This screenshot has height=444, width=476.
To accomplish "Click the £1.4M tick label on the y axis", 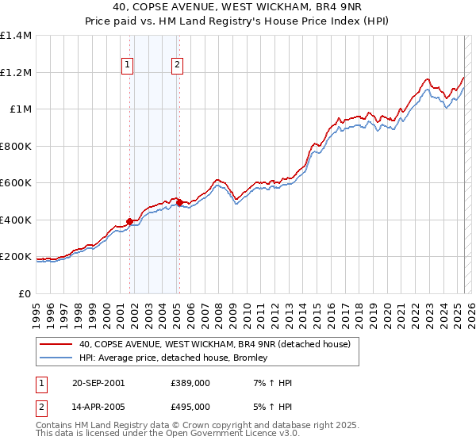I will click(x=16, y=36).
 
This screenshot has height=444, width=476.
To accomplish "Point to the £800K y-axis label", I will click(x=16, y=146).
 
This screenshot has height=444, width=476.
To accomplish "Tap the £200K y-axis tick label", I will click(x=16, y=257).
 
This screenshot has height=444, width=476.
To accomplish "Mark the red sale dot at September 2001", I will click(x=129, y=222).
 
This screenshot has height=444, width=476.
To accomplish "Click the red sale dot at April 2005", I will click(x=179, y=202).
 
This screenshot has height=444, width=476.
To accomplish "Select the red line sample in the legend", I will click(x=56, y=344).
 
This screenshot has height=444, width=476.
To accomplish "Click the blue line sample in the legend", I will click(x=56, y=358).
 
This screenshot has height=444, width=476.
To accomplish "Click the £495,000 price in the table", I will click(x=190, y=406).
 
